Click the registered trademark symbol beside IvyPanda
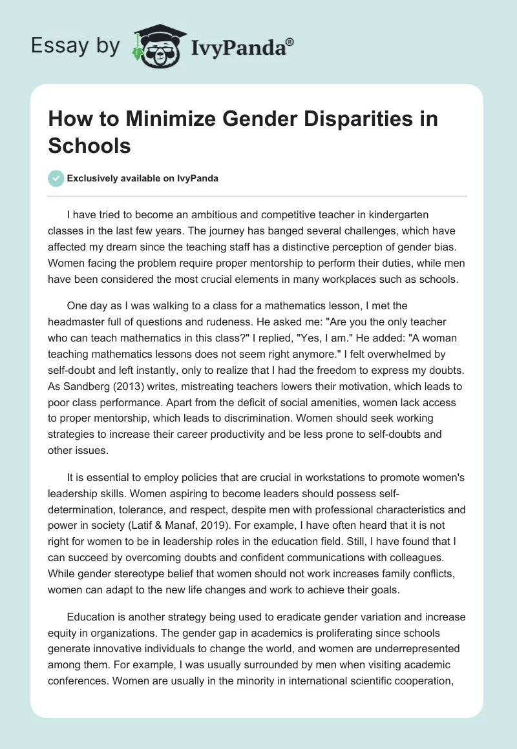[290, 41]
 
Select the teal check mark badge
[56, 178]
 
